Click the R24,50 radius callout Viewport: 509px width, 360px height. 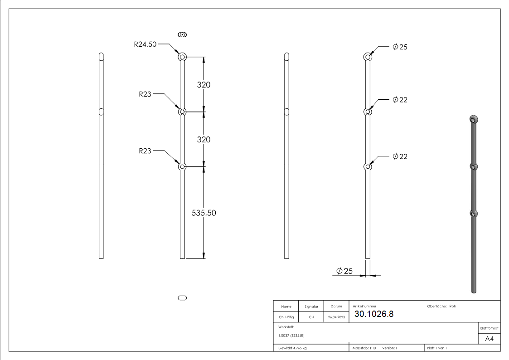point(145,44)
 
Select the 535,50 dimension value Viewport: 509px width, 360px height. point(204,213)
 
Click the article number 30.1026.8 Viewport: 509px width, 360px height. point(374,314)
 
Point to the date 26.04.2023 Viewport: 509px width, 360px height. point(336,317)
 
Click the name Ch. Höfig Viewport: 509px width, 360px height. point(286,317)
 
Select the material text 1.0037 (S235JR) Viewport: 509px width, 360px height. point(291,336)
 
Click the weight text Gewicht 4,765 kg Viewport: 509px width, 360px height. point(293,348)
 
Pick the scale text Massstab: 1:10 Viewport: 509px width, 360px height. point(364,348)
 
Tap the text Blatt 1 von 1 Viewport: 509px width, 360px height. point(437,348)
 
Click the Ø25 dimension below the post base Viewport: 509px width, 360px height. point(344,271)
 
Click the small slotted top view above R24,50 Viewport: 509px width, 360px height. point(183,34)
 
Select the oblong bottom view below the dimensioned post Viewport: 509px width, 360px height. point(183,298)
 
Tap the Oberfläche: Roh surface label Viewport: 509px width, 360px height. point(441,306)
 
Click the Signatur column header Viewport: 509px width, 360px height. point(311,306)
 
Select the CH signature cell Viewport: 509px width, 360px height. point(311,317)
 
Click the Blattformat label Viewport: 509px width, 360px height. point(490,328)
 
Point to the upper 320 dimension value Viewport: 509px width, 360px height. point(204,85)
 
